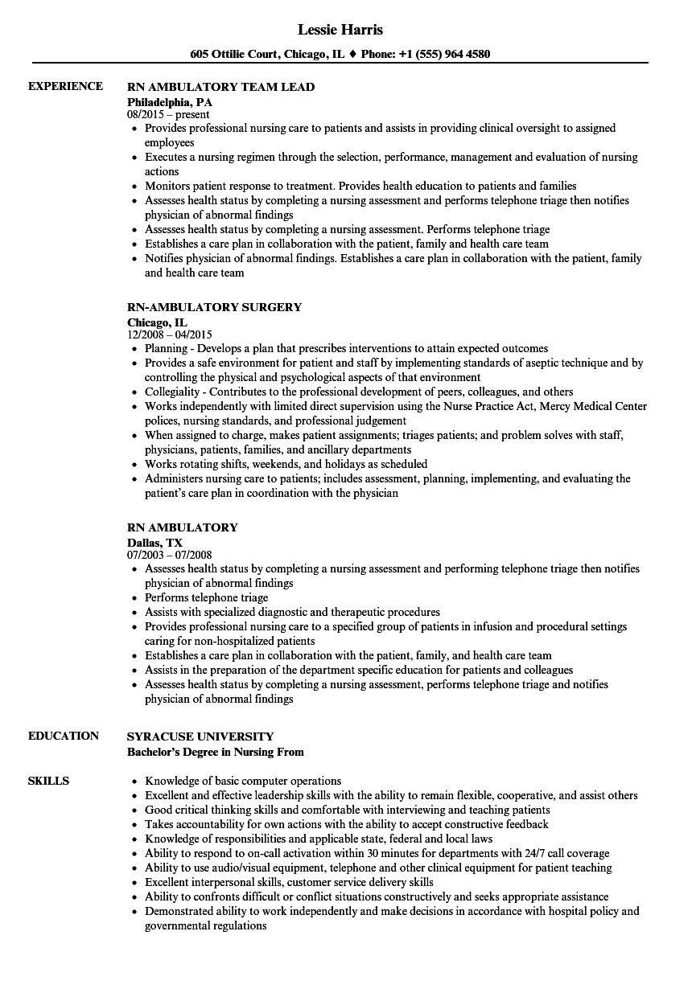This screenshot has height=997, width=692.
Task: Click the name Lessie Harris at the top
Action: pyautogui.click(x=340, y=30)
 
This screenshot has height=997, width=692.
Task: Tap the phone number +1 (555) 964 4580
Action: pyautogui.click(x=447, y=55)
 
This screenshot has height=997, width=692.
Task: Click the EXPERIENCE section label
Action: pyautogui.click(x=65, y=87)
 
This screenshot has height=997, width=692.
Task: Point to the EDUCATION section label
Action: pyautogui.click(x=64, y=736)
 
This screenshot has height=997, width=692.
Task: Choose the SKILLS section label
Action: pyautogui.click(x=48, y=782)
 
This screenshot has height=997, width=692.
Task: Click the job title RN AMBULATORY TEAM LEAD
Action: pyautogui.click(x=221, y=87)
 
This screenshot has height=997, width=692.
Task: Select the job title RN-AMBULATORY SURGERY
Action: pyautogui.click(x=215, y=307)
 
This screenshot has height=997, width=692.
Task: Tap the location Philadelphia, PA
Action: pyautogui.click(x=170, y=102)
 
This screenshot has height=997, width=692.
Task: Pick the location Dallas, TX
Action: pyautogui.click(x=154, y=543)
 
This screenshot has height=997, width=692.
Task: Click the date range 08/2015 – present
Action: pyautogui.click(x=168, y=115)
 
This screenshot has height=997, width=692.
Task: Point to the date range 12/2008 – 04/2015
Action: pyautogui.click(x=170, y=335)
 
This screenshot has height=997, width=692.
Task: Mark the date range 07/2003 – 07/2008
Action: pyautogui.click(x=169, y=556)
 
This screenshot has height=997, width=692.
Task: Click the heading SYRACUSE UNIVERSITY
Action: pyautogui.click(x=200, y=736)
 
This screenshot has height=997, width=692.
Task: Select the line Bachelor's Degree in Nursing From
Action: pyautogui.click(x=216, y=753)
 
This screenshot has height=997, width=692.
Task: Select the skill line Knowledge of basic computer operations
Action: pyautogui.click(x=243, y=782)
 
